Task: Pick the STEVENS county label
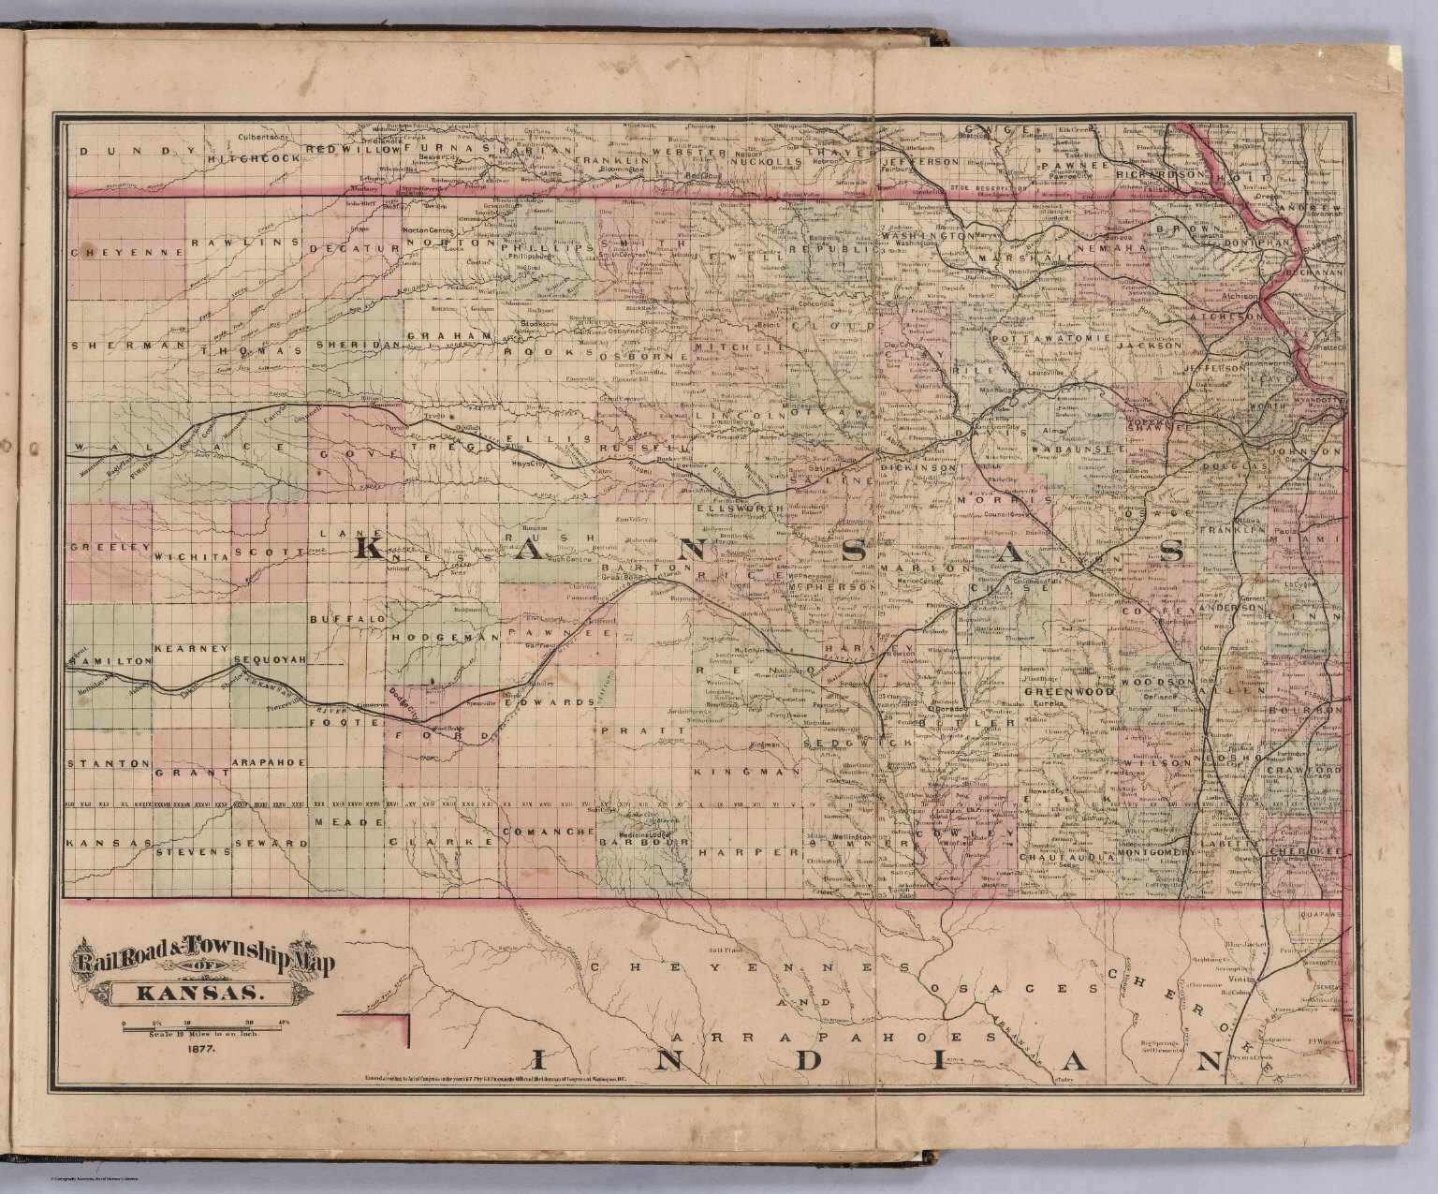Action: click(x=193, y=852)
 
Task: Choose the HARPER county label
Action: click(x=752, y=853)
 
